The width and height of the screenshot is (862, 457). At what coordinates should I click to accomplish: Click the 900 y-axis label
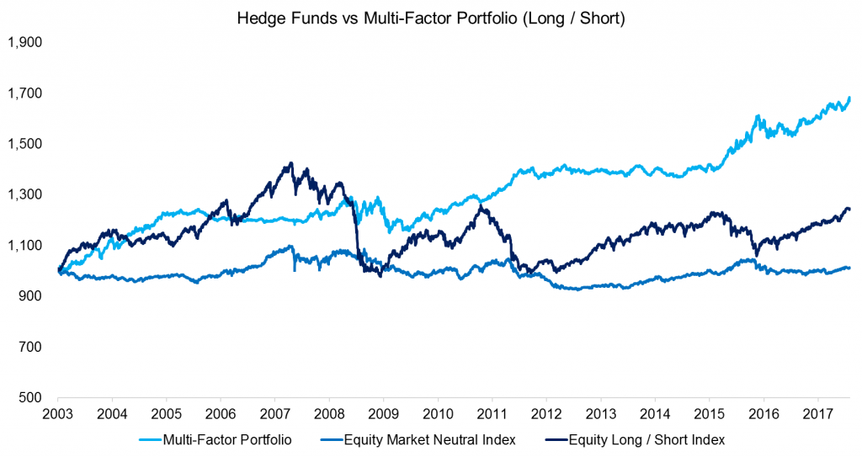pos(30,296)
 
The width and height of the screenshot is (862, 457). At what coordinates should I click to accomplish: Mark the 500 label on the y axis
pos(30,397)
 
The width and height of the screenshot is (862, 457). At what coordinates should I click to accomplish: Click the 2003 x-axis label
pos(57,415)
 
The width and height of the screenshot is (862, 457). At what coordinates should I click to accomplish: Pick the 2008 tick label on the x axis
pos(328,415)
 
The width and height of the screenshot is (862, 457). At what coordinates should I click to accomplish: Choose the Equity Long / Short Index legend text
pos(646,439)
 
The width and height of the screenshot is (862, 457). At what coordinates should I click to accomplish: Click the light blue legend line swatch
pos(150,439)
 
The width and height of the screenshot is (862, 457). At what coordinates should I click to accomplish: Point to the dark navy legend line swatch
pos(549,439)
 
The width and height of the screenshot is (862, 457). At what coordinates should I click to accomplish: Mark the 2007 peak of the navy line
pos(290,163)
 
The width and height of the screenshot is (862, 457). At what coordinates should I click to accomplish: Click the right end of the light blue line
pos(849,98)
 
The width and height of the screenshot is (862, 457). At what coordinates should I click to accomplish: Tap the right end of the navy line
pos(849,209)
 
